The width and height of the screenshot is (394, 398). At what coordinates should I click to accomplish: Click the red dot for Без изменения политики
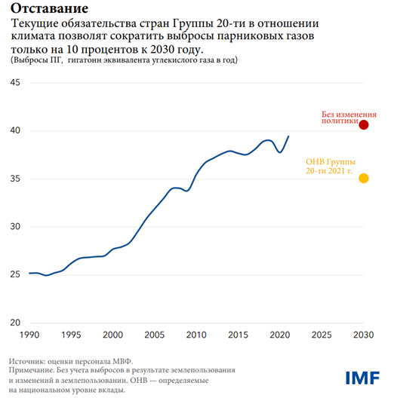pos(364,125)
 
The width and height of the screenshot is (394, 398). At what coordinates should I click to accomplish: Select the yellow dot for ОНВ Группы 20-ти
pos(364,178)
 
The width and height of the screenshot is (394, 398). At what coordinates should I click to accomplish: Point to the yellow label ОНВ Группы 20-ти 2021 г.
pos(330,167)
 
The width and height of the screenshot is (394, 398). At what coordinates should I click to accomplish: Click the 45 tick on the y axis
pos(14,83)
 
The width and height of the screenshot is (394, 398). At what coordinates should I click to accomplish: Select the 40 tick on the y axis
pos(14,131)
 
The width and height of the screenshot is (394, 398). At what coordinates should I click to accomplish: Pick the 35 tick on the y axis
pos(14,179)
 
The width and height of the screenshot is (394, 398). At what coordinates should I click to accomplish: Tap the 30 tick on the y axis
pos(14,227)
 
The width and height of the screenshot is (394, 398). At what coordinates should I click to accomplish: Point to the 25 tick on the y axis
pos(14,275)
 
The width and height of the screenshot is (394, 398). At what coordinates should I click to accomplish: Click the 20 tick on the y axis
pos(14,323)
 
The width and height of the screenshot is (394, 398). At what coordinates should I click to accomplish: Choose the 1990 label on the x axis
pos(29,334)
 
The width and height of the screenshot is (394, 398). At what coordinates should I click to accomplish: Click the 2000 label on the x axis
pos(112,334)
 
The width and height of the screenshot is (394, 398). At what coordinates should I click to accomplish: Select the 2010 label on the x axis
pos(196,334)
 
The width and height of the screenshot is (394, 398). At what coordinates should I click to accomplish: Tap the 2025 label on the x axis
pos(322,334)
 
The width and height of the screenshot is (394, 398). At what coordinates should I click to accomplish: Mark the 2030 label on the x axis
pos(364,334)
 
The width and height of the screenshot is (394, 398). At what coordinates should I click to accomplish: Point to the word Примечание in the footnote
pos(37,371)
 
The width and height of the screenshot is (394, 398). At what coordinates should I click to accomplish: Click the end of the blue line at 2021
pos(288,136)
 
